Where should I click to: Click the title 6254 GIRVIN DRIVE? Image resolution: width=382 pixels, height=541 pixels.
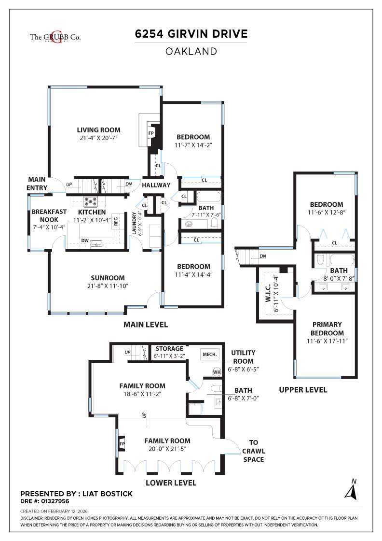pyautogui.click(x=191, y=34)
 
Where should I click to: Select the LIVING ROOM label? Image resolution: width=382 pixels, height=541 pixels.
pyautogui.click(x=99, y=130)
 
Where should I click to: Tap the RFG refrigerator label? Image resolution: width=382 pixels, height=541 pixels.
pyautogui.click(x=116, y=222)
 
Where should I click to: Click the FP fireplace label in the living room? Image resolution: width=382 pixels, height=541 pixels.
pyautogui.click(x=151, y=133)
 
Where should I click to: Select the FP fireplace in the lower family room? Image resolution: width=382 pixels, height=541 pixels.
pyautogui.click(x=122, y=443)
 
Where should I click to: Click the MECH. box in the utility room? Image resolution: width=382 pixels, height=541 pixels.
pyautogui.click(x=209, y=354)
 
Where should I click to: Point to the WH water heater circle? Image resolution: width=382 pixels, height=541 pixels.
pyautogui.click(x=217, y=371)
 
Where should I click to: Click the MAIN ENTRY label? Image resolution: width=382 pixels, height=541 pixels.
pyautogui.click(x=38, y=184)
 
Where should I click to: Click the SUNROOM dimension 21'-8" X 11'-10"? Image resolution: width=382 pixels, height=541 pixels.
pyautogui.click(x=108, y=286)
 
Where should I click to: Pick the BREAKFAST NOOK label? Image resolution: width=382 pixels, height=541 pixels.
pyautogui.click(x=49, y=215)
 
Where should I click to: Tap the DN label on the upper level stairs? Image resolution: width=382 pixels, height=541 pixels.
pyautogui.click(x=262, y=256)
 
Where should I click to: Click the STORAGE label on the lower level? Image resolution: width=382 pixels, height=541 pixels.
pyautogui.click(x=169, y=348)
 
